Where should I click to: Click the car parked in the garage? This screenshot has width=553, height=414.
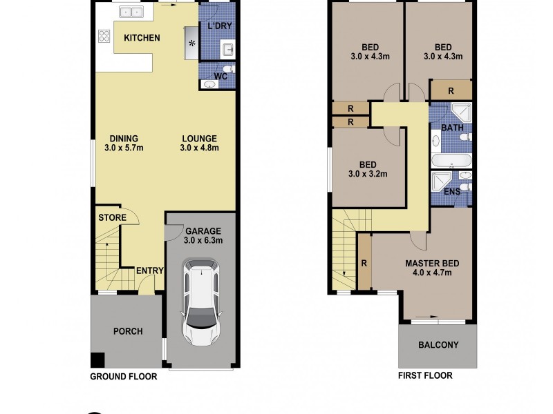pyautogui.click(x=201, y=304)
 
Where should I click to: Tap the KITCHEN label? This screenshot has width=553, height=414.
pyautogui.click(x=142, y=37)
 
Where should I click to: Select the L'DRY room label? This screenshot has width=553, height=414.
pyautogui.click(x=219, y=26)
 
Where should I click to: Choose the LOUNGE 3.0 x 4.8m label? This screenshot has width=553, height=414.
pyautogui.click(x=199, y=142)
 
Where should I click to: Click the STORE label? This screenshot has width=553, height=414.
pyautogui.click(x=112, y=217)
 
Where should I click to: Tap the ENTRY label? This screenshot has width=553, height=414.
pyautogui.click(x=149, y=270)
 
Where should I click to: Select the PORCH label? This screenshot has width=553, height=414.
pyautogui.click(x=128, y=331)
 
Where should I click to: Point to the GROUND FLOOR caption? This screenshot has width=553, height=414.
pyautogui.click(x=124, y=377)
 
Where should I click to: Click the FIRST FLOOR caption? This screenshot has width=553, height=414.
pyautogui.click(x=425, y=376)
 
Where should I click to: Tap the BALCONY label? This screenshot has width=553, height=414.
pyautogui.click(x=438, y=345)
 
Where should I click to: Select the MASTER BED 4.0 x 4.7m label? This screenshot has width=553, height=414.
pyautogui.click(x=432, y=268)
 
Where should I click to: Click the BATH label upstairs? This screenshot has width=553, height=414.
pyautogui.click(x=452, y=128)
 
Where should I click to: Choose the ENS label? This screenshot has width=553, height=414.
pyautogui.click(x=452, y=192)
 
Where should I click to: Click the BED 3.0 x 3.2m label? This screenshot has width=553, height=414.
pyautogui.click(x=367, y=169)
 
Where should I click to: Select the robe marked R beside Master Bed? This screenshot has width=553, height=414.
pyautogui.click(x=364, y=262)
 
